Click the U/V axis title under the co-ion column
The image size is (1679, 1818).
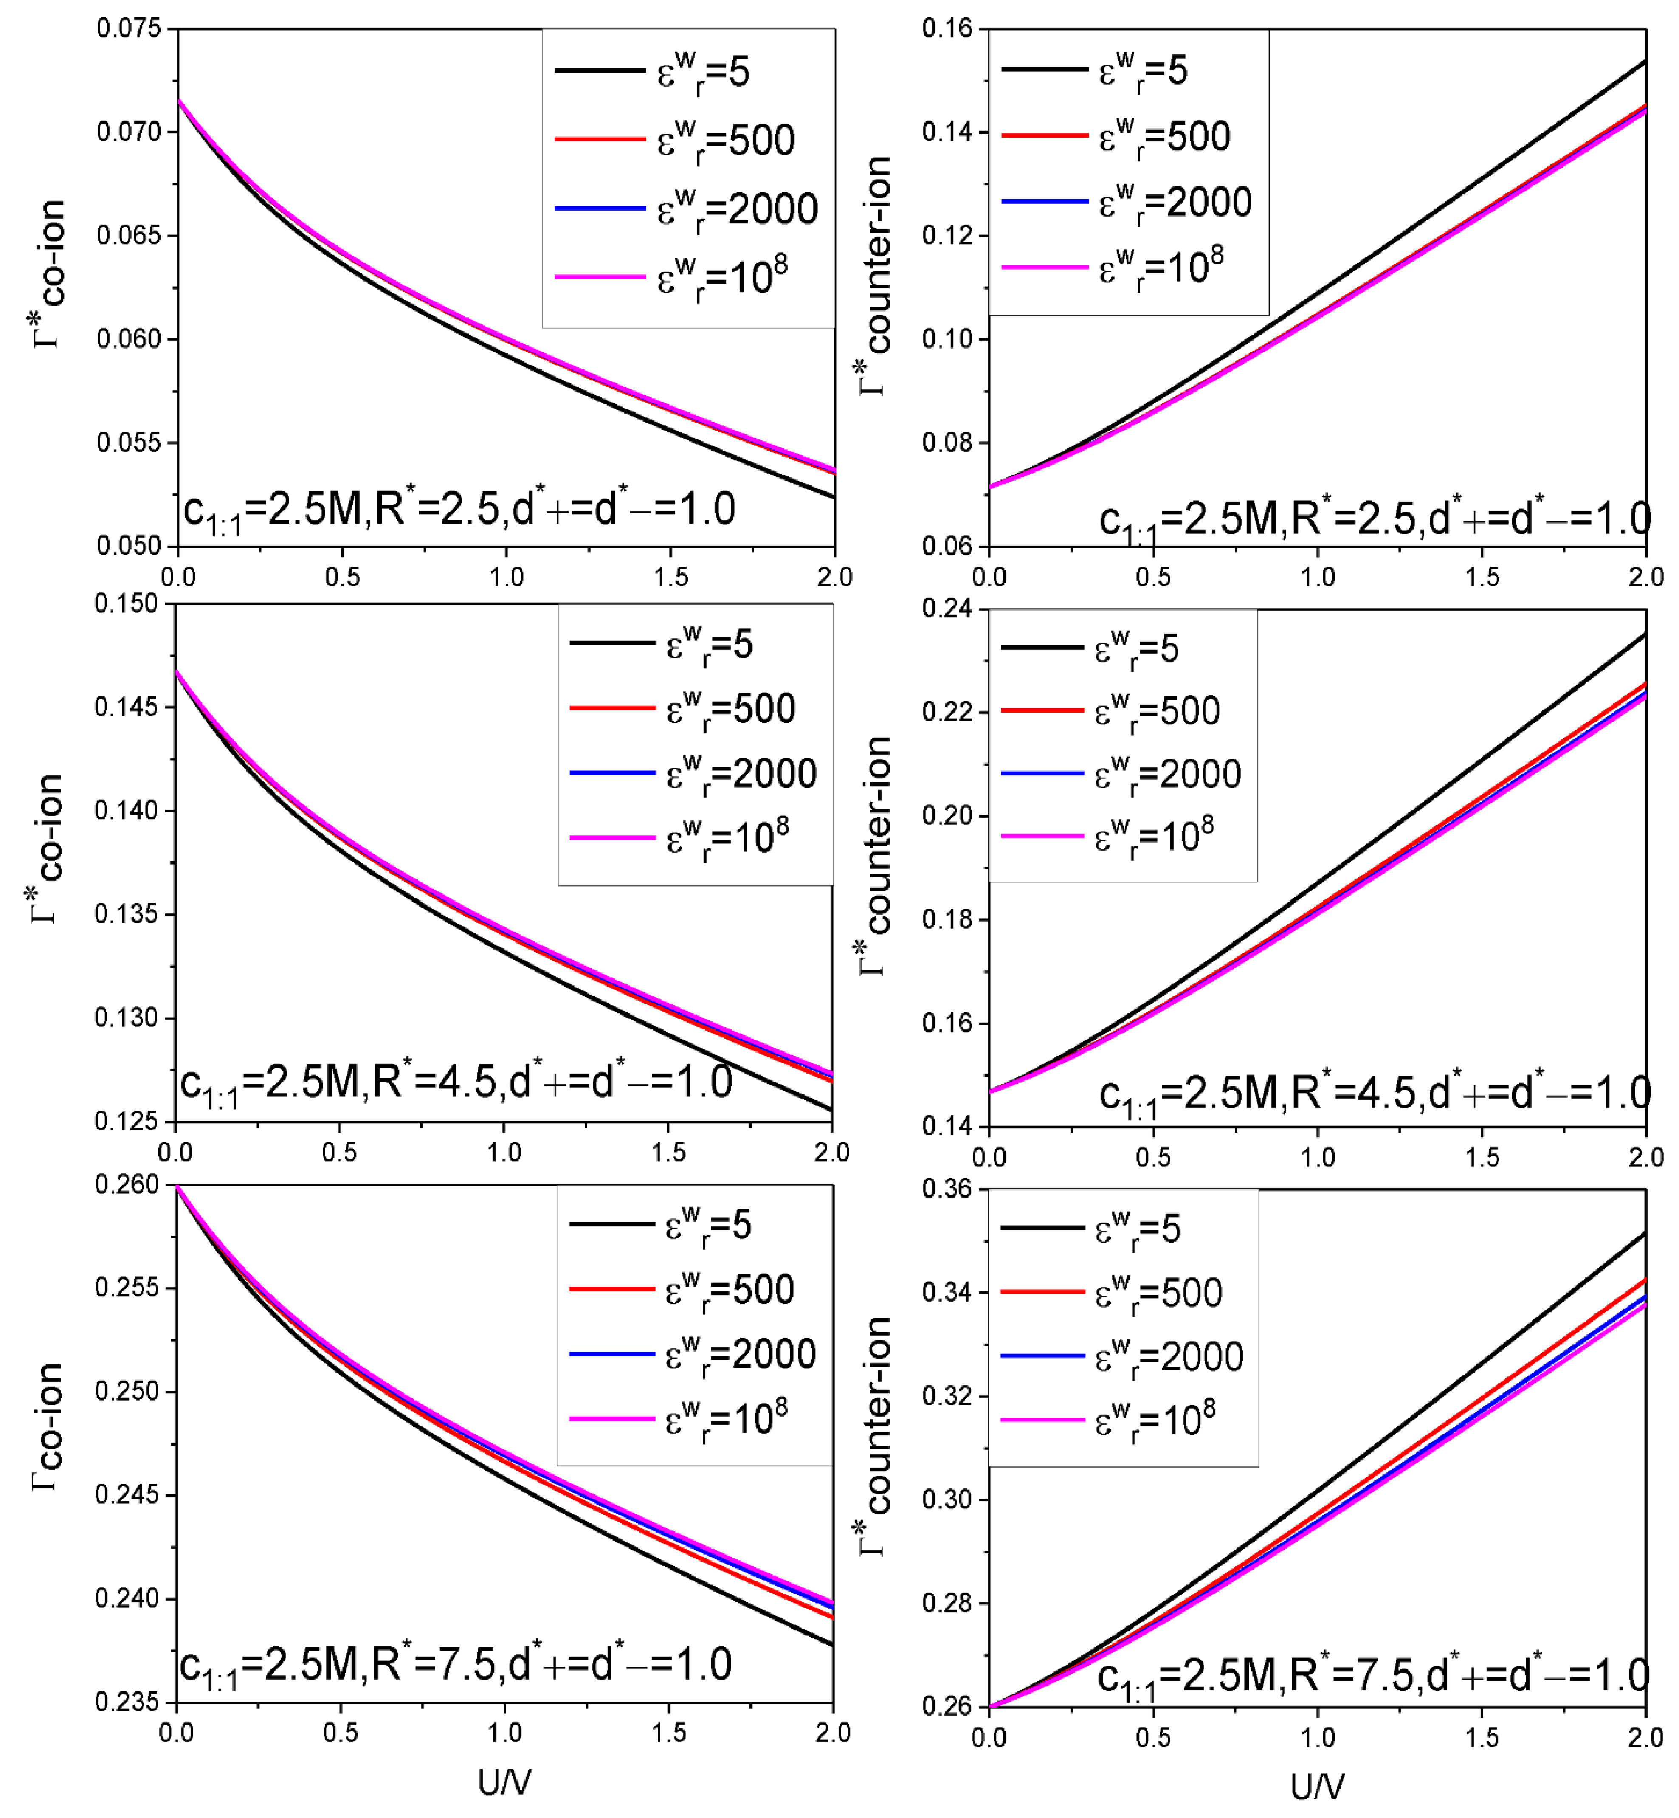(504, 1783)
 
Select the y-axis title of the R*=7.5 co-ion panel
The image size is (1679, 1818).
(47, 1426)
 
